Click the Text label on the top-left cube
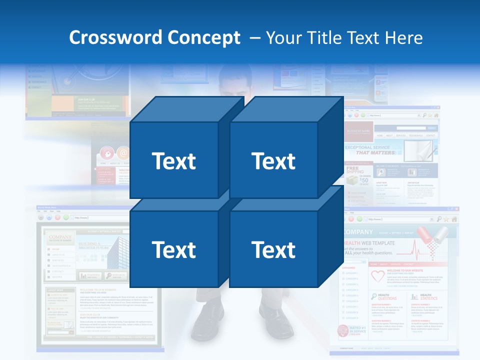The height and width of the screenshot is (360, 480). coord(174,161)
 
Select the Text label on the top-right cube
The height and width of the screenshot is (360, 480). coord(273,161)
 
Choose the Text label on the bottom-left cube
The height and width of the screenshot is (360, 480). coord(174,249)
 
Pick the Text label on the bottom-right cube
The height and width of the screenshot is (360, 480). coord(273,249)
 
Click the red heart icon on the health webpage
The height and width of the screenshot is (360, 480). coord(377,276)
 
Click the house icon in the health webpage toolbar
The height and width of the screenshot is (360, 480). coord(454,219)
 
